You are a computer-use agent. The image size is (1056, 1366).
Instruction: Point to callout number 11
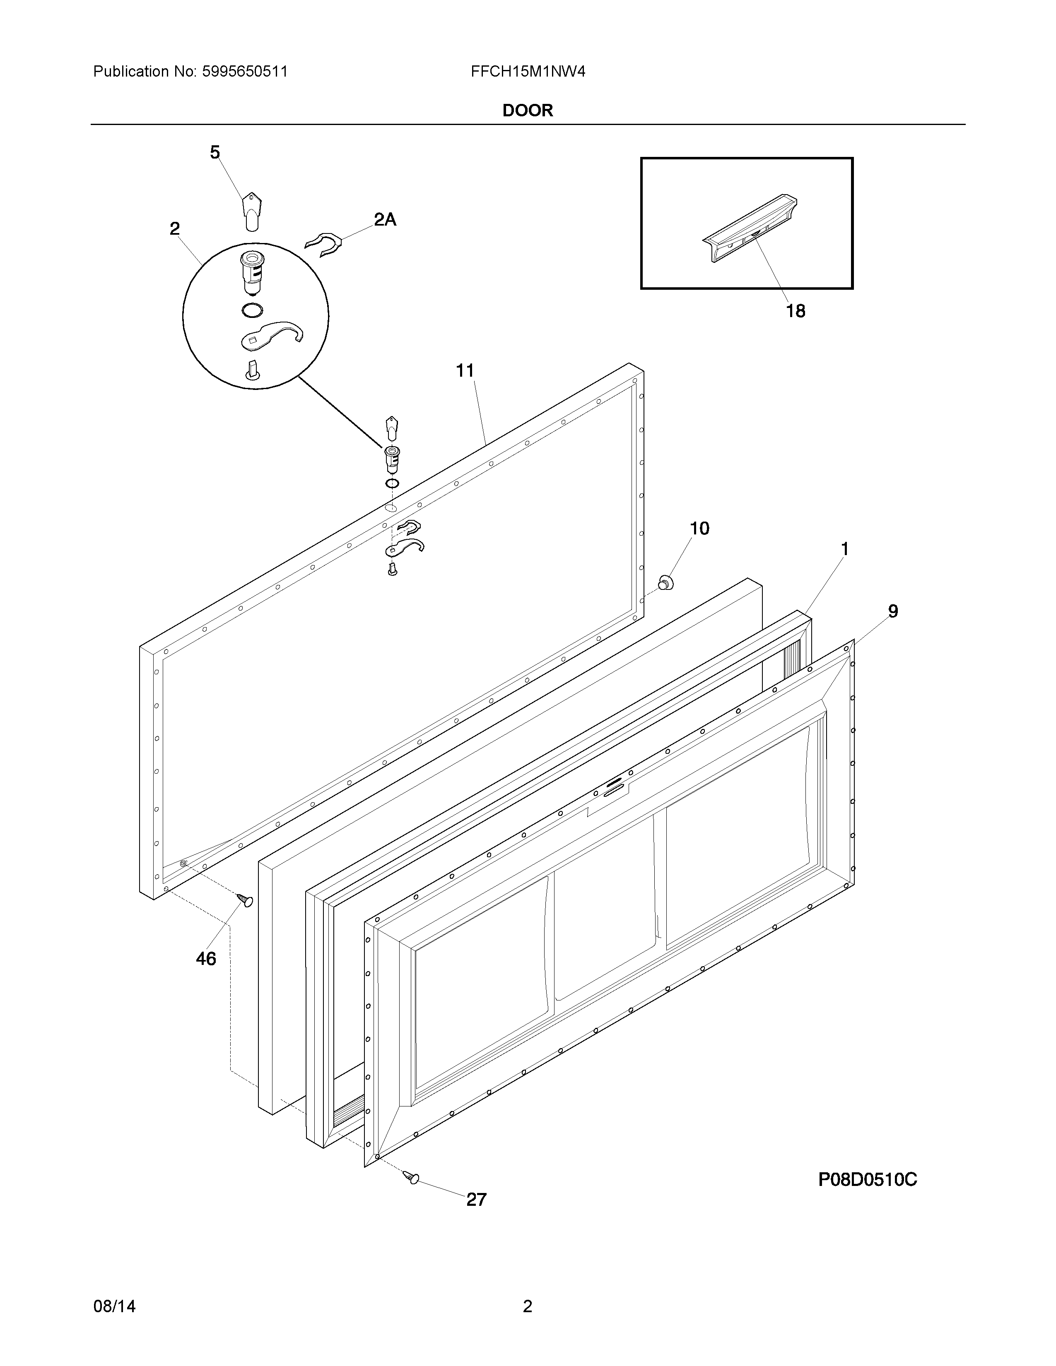pyautogui.click(x=465, y=371)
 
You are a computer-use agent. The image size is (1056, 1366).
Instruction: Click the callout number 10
pyautogui.click(x=699, y=529)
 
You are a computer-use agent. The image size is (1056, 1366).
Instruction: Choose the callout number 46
pyautogui.click(x=206, y=958)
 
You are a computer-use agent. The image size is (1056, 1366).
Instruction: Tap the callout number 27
pyautogui.click(x=476, y=1200)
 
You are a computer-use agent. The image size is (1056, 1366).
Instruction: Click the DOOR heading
pyautogui.click(x=527, y=111)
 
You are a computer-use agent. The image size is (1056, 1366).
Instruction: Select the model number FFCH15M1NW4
pyautogui.click(x=528, y=72)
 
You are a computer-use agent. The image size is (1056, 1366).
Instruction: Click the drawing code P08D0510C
pyautogui.click(x=868, y=1180)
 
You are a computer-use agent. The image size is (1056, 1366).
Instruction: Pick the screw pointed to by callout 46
pyautogui.click(x=245, y=900)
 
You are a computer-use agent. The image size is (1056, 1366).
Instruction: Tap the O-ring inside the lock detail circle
pyautogui.click(x=251, y=310)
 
